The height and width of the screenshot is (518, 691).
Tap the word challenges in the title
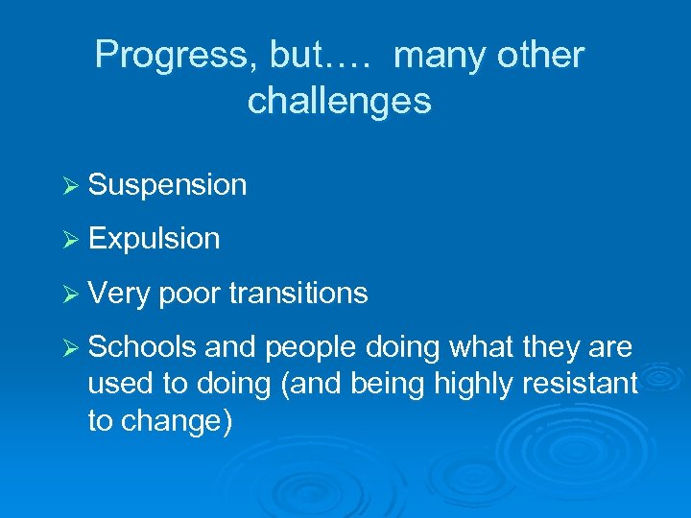339,100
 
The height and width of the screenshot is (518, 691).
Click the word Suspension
167,185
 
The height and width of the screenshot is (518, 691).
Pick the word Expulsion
154,239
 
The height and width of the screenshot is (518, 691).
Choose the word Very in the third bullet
119,294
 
